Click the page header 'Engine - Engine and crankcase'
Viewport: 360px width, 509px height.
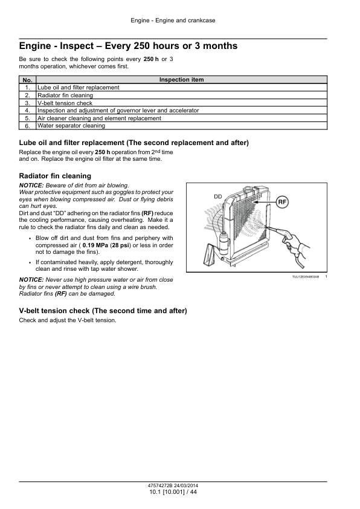tap(173, 21)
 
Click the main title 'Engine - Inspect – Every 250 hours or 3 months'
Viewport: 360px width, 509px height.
tap(128, 46)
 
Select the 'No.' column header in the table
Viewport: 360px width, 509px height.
tap(28, 80)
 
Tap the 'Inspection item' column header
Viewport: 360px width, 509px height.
tap(182, 80)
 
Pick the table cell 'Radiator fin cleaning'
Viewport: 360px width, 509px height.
tap(65, 96)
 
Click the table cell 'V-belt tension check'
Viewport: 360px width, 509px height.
tap(65, 103)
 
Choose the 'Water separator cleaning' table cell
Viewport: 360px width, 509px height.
tap(71, 126)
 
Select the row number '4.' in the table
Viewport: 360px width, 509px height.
tap(28, 111)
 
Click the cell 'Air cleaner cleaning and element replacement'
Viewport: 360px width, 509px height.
tap(99, 118)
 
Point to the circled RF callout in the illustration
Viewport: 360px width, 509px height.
tap(282, 202)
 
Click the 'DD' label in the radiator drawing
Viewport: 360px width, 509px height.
tap(218, 196)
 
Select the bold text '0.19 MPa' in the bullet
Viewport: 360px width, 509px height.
tap(95, 245)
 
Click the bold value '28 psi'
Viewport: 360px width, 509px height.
tap(120, 245)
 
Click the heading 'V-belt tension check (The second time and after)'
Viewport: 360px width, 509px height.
tap(103, 311)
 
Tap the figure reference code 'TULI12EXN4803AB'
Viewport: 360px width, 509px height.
tap(306, 277)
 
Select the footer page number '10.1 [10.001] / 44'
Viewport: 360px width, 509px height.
tap(173, 492)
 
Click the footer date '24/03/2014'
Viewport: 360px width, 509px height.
tap(186, 486)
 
